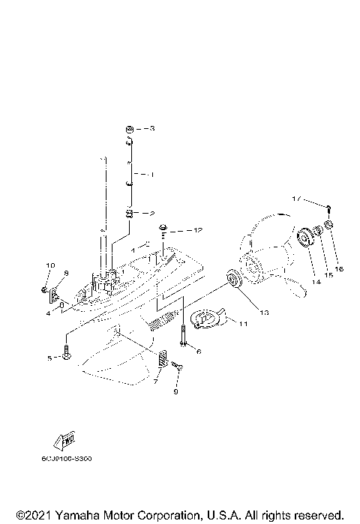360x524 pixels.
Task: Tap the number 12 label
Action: pyautogui.click(x=198, y=229)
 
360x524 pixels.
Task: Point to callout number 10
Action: pyautogui.click(x=51, y=265)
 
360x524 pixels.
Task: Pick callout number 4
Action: pyautogui.click(x=47, y=313)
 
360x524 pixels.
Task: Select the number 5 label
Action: pyautogui.click(x=51, y=359)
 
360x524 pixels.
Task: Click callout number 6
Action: pyautogui.click(x=198, y=350)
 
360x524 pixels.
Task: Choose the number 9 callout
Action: pyautogui.click(x=176, y=391)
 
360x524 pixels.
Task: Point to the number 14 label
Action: pyautogui.click(x=316, y=281)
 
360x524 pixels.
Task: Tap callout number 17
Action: pyautogui.click(x=298, y=199)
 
